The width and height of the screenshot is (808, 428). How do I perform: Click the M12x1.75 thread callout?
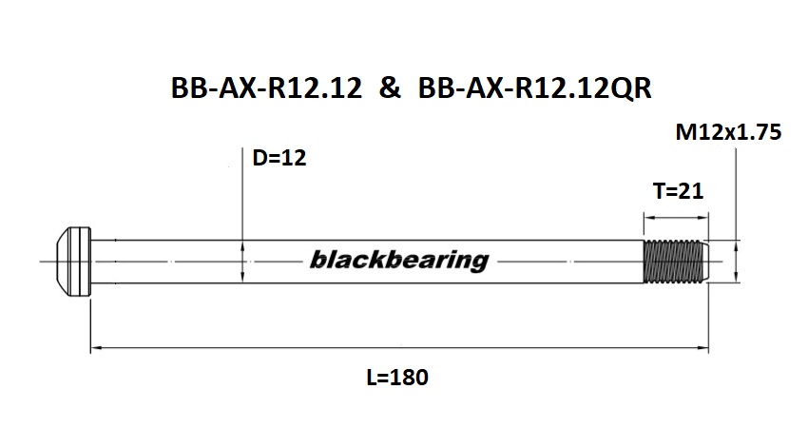point(728,134)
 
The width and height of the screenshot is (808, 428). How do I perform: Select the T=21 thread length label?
point(679,191)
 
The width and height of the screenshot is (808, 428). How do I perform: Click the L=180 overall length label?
point(397,377)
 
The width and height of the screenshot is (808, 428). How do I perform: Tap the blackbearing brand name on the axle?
point(398,260)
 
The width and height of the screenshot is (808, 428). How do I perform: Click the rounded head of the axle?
point(70,260)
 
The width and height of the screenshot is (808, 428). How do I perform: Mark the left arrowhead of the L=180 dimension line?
point(94,350)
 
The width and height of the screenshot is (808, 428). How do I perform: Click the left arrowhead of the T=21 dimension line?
point(649,216)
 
